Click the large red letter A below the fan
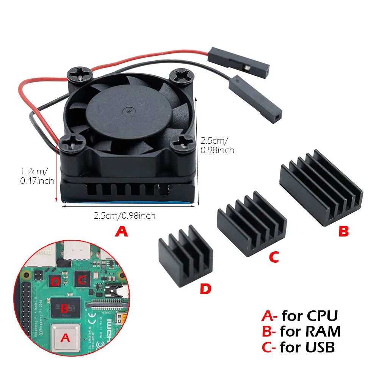pos(121,231)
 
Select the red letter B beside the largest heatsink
pos(343,232)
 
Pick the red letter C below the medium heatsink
pos(274,257)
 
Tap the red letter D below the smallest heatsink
pos(205,290)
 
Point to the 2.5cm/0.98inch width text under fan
pos(125,216)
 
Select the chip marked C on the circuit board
pos(81,280)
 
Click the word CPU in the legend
pos(322,315)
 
